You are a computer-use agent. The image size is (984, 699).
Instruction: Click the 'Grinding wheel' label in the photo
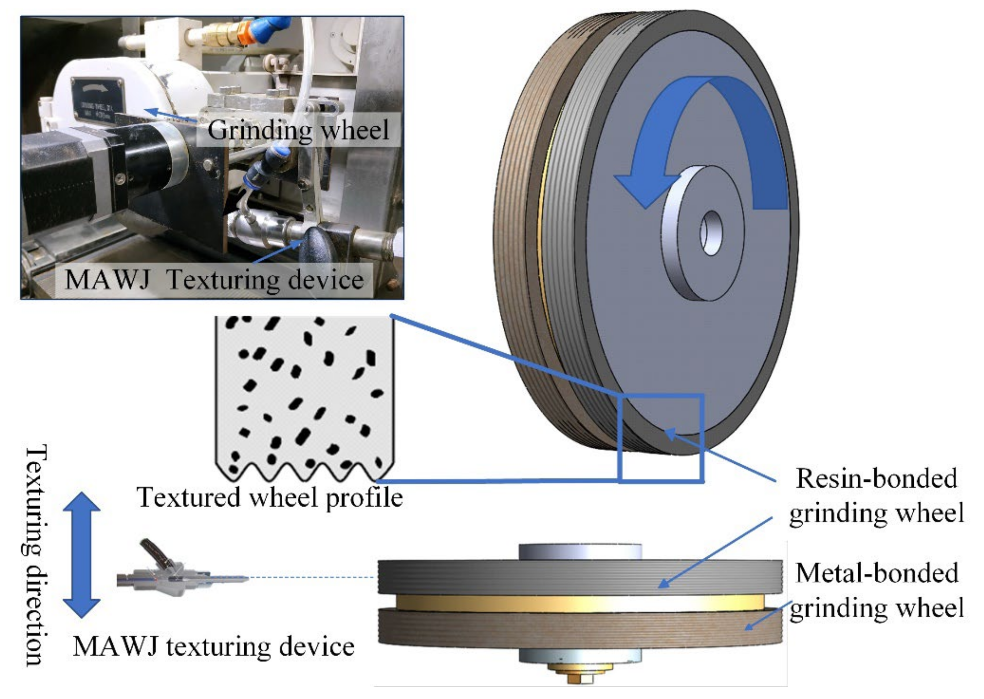[298, 129]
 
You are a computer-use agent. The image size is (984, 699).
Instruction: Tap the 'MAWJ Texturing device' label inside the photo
[214, 280]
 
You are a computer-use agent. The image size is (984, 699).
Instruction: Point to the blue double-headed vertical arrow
[81, 555]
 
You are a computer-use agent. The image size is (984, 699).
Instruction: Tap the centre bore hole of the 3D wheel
[711, 233]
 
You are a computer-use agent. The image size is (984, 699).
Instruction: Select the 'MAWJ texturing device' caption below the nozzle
[214, 646]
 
